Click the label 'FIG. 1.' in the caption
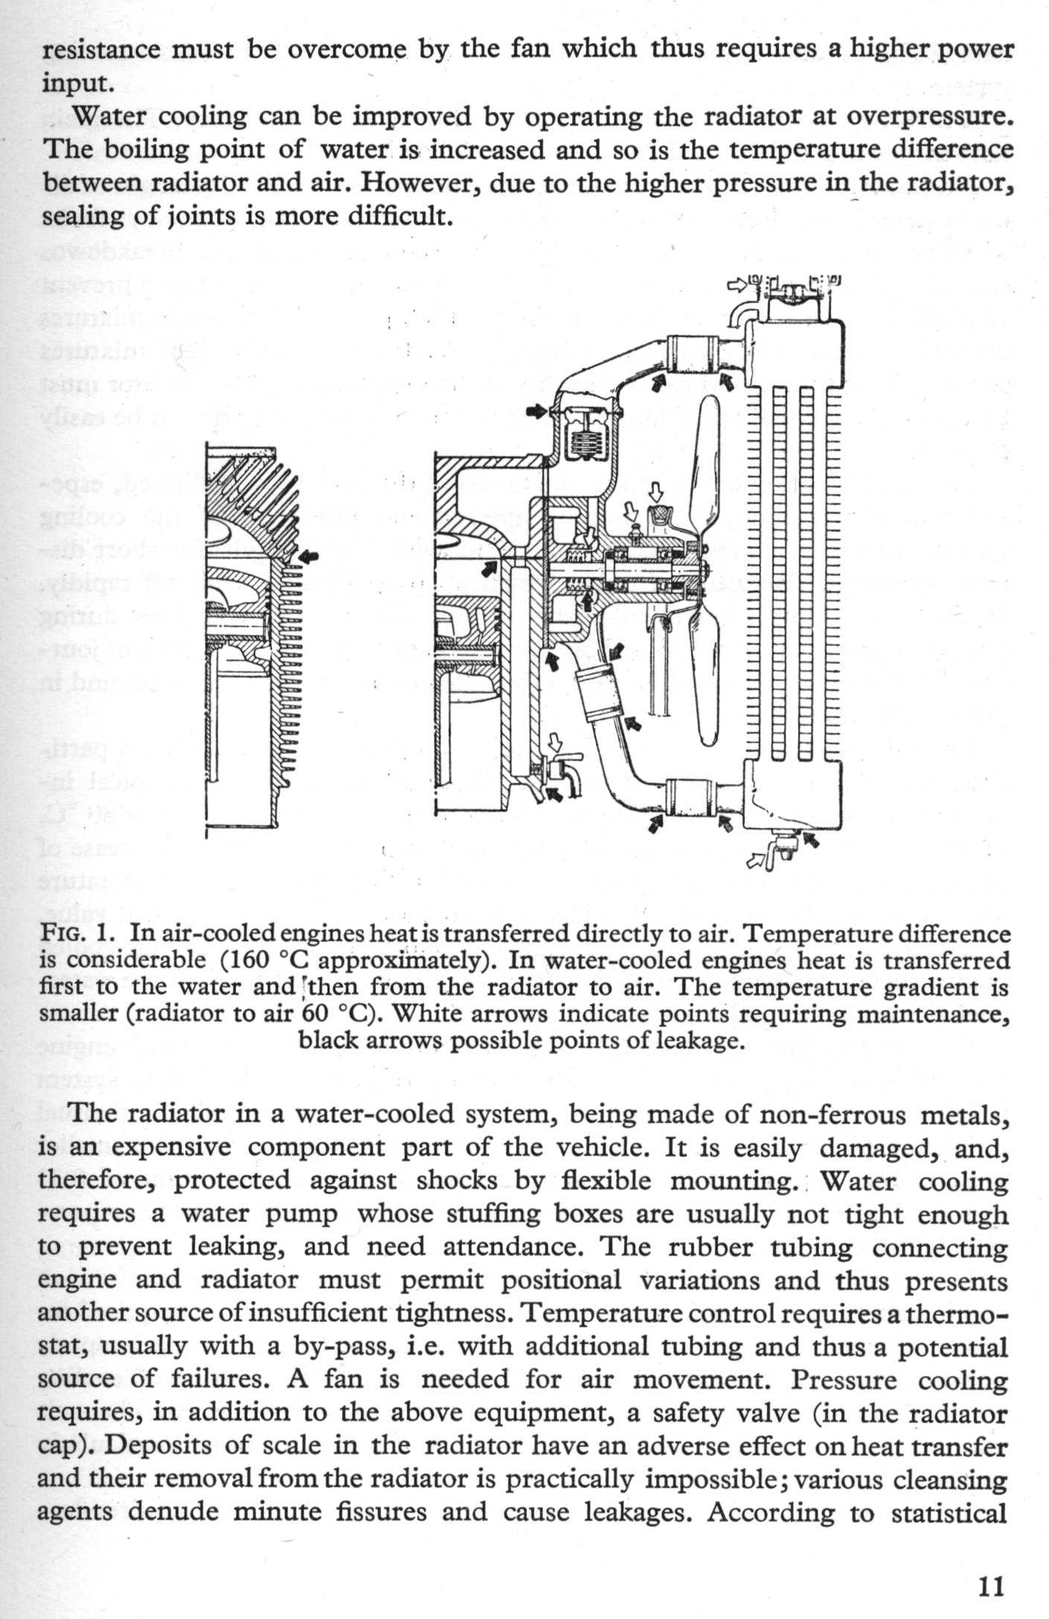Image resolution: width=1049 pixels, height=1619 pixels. [80, 934]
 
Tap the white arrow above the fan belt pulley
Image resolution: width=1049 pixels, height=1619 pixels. [655, 491]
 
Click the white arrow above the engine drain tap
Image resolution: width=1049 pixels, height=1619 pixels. [554, 742]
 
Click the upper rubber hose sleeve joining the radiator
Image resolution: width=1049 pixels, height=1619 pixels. [691, 353]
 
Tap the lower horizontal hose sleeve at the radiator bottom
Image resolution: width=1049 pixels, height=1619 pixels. [691, 796]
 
